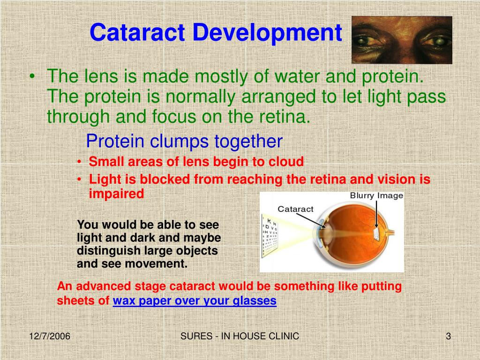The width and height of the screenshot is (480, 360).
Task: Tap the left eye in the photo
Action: (368, 42)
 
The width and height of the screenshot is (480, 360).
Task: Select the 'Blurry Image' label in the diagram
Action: (376, 195)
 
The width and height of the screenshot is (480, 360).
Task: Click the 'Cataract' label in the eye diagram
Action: (295, 209)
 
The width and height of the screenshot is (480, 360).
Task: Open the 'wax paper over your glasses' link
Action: (195, 301)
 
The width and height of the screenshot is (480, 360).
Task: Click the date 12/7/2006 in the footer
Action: (50, 337)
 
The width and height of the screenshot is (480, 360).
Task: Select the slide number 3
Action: (448, 337)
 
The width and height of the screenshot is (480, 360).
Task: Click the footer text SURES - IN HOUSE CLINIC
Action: (240, 337)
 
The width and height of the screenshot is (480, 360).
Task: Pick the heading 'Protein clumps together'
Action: (185, 141)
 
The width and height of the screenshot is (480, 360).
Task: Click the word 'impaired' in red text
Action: (116, 194)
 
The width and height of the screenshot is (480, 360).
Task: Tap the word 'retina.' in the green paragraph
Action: (287, 116)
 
